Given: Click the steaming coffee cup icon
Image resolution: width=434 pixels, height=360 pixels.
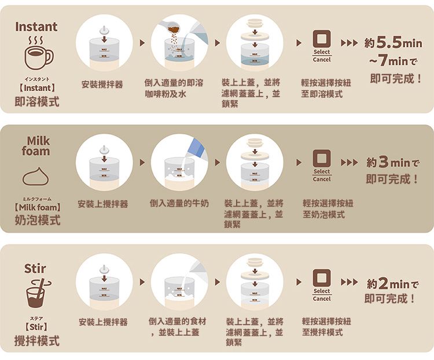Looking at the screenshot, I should [x=37, y=56].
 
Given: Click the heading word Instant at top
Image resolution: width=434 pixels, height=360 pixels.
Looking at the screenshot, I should [x=36, y=27].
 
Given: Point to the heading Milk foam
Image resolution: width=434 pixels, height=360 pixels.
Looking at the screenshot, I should [x=36, y=146].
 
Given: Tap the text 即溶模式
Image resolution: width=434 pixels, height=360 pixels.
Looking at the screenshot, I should [x=37, y=102].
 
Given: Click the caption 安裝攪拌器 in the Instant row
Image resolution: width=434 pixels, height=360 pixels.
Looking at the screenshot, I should [x=102, y=85].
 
